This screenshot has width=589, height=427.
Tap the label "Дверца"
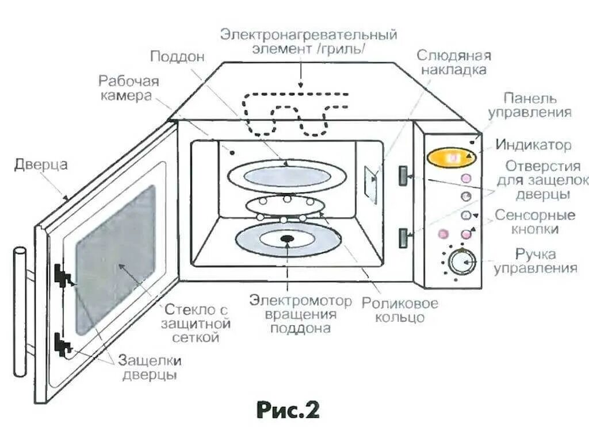(x=41, y=166)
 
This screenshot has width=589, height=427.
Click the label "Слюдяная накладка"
(x=453, y=63)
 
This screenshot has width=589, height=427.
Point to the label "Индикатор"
(x=534, y=145)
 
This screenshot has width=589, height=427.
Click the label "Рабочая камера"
(x=128, y=89)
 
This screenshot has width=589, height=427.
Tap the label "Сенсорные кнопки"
(x=535, y=222)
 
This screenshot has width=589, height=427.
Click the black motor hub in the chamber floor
(x=286, y=238)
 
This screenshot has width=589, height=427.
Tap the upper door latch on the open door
(x=62, y=275)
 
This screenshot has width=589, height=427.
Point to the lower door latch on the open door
(x=62, y=345)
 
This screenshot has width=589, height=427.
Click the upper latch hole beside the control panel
(x=403, y=175)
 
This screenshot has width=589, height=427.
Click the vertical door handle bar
(x=20, y=310)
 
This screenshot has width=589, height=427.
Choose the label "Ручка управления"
(x=536, y=261)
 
